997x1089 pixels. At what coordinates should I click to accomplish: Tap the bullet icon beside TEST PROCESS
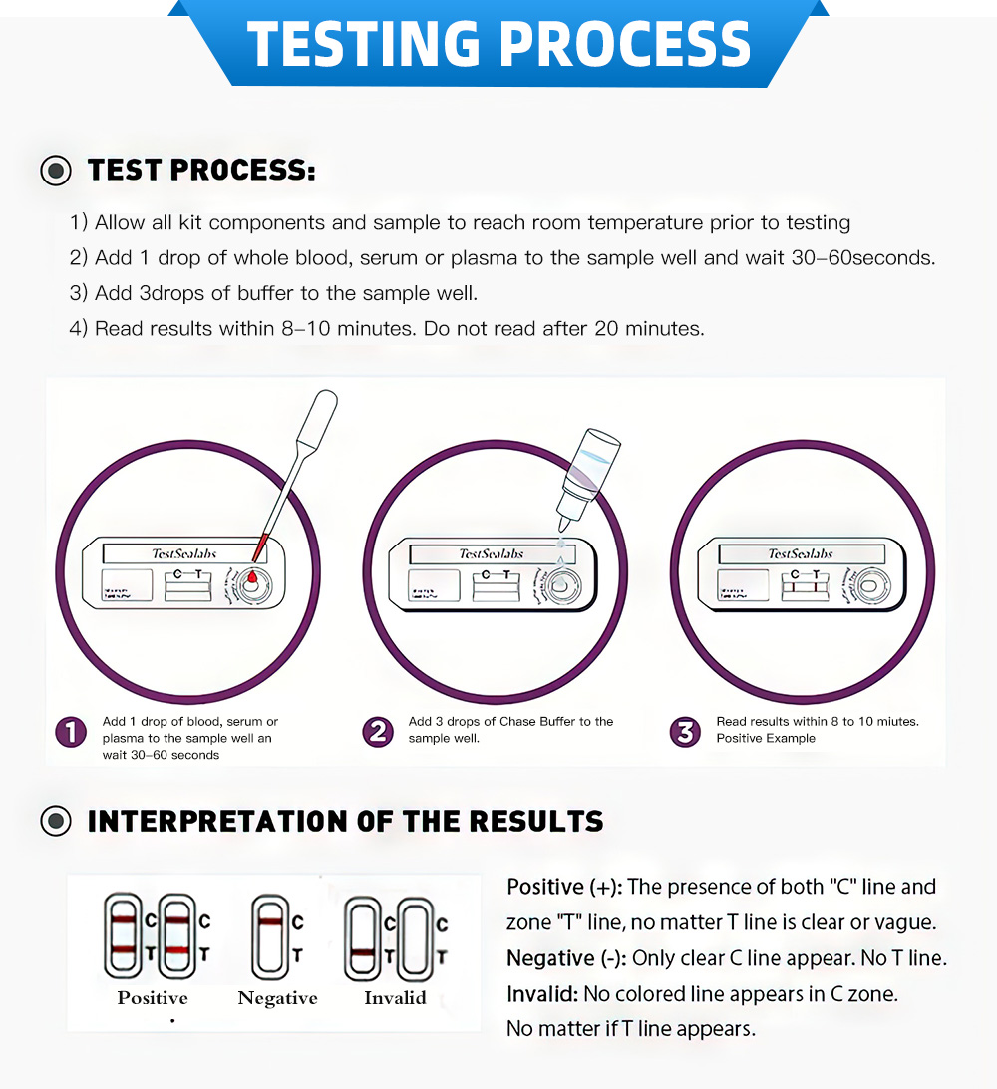pyautogui.click(x=56, y=171)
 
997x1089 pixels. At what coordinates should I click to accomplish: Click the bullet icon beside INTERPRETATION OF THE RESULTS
pyautogui.click(x=56, y=821)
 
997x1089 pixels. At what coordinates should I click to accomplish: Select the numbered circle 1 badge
pyautogui.click(x=71, y=733)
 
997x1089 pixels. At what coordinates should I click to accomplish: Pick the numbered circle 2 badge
pyautogui.click(x=378, y=733)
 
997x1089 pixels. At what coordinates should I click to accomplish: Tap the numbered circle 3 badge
pyautogui.click(x=685, y=733)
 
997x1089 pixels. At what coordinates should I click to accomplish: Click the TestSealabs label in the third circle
pyautogui.click(x=800, y=553)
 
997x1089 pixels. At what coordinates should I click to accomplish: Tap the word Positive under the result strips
pyautogui.click(x=153, y=998)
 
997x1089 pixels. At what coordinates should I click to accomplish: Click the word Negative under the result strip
pyautogui.click(x=277, y=998)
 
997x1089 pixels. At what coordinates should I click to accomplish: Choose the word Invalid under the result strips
pyautogui.click(x=395, y=998)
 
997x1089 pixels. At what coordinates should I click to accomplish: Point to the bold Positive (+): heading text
pyautogui.click(x=563, y=887)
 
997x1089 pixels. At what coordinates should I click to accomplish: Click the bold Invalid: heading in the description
pyautogui.click(x=542, y=994)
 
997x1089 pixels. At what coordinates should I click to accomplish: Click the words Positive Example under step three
pyautogui.click(x=766, y=739)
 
